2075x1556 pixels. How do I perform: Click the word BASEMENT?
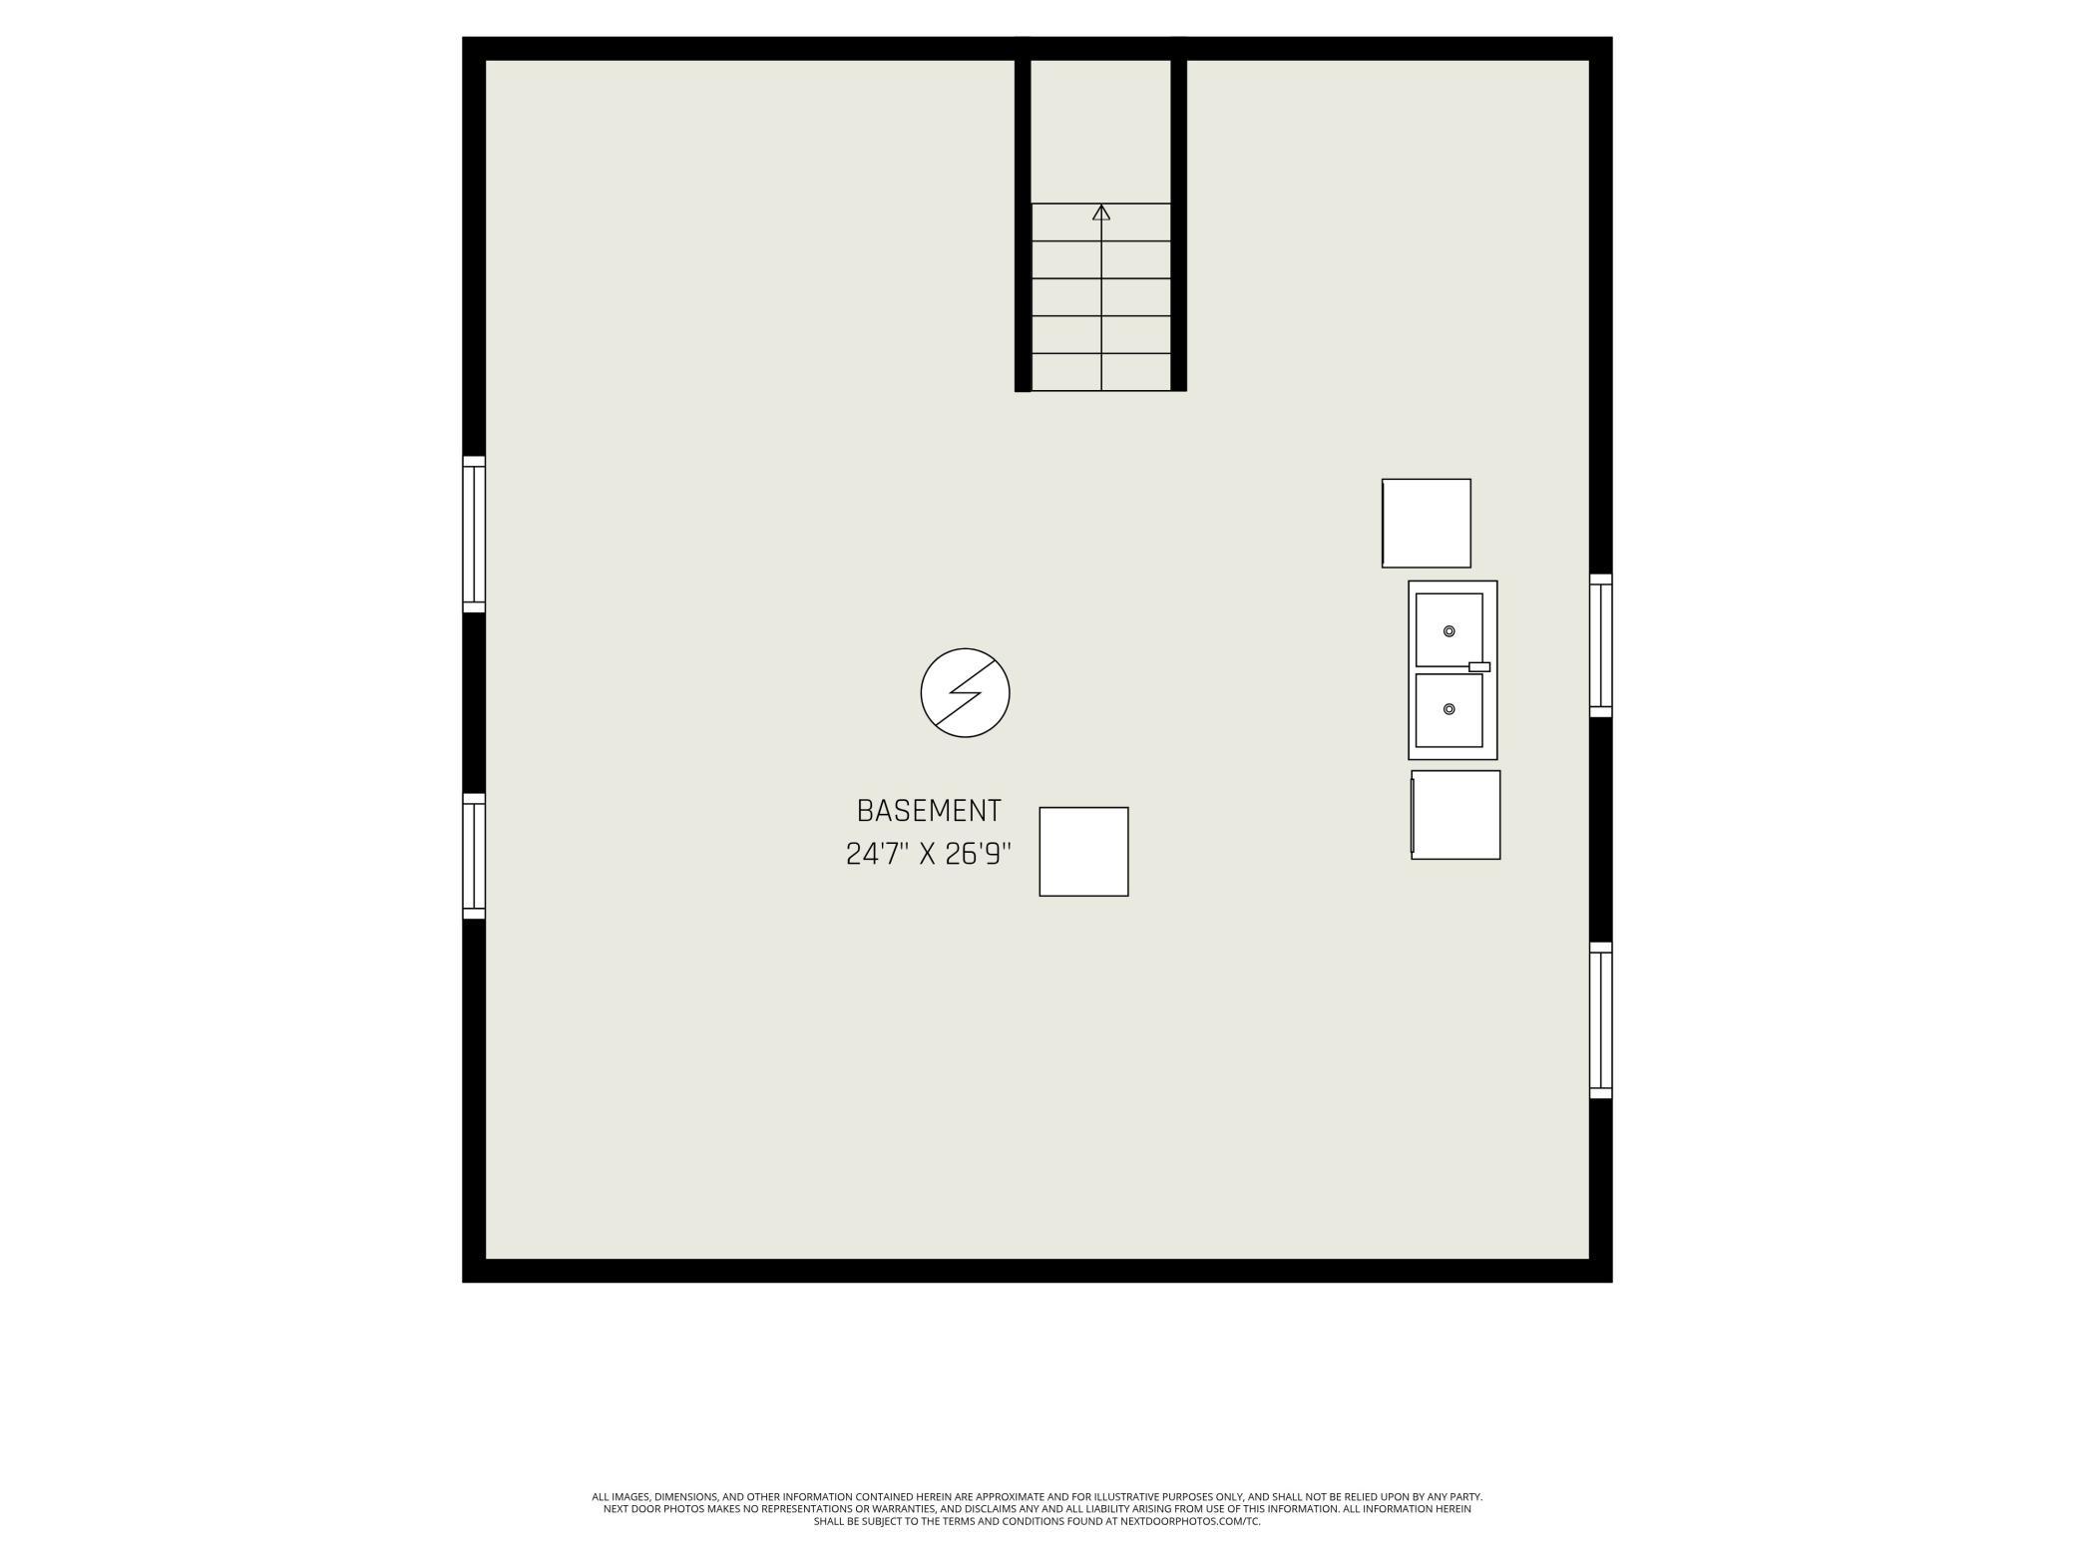tap(929, 810)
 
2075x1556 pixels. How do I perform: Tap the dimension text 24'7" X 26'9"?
tap(929, 855)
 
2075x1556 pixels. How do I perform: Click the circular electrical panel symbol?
tap(965, 692)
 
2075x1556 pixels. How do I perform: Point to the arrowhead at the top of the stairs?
tap(1101, 211)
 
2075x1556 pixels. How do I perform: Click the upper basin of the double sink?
tap(1449, 629)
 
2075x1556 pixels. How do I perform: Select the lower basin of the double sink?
tap(1449, 710)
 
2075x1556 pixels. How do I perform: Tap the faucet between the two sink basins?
tap(1479, 666)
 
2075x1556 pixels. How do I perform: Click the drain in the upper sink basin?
tap(1450, 631)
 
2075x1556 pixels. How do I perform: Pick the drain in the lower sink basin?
tap(1450, 709)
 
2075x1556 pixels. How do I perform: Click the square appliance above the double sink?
tap(1427, 523)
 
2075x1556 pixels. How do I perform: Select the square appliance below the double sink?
tap(1455, 814)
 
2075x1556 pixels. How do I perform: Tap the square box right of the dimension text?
tap(1083, 852)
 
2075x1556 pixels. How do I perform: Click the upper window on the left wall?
tap(474, 534)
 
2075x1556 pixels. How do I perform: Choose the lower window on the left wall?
tap(474, 856)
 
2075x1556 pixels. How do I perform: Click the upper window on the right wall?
tap(1601, 645)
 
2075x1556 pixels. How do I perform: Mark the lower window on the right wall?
tap(1601, 1020)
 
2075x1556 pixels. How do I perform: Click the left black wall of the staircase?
tap(1023, 214)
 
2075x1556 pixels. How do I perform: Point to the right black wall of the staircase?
tap(1179, 214)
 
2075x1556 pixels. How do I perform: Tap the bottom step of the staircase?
tap(1101, 372)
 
